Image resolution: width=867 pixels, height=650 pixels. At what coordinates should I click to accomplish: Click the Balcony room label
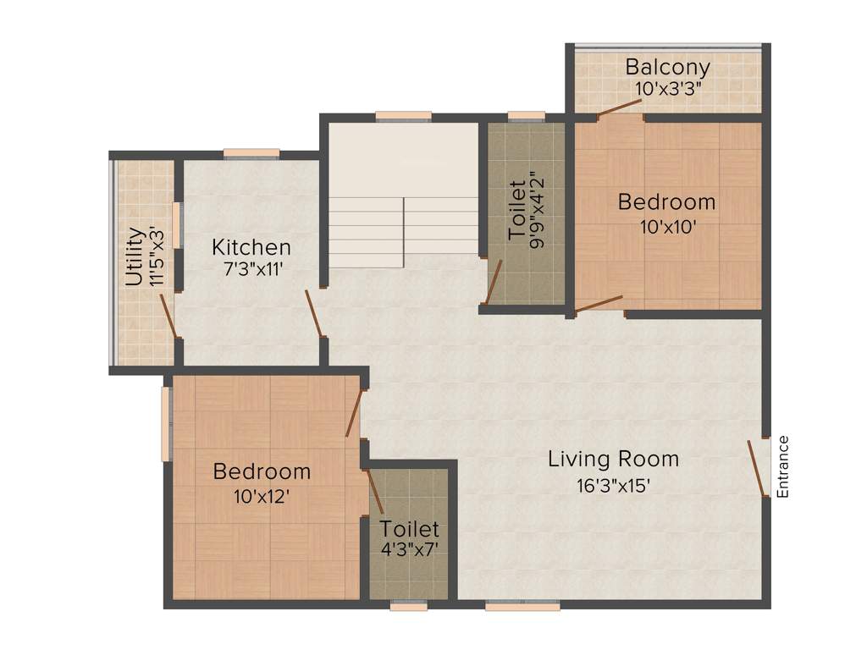pyautogui.click(x=667, y=67)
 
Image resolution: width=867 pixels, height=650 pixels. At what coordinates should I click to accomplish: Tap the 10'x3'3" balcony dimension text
pyautogui.click(x=667, y=86)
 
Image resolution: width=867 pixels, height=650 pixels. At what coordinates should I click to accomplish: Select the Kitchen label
pyautogui.click(x=251, y=248)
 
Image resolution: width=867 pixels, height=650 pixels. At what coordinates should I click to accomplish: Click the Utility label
pyautogui.click(x=134, y=256)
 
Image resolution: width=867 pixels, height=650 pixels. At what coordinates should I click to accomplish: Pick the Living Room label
pyautogui.click(x=613, y=460)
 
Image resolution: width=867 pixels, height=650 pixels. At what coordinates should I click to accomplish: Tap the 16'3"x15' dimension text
pyautogui.click(x=613, y=486)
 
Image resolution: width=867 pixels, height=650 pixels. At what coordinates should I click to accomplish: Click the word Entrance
pyautogui.click(x=783, y=466)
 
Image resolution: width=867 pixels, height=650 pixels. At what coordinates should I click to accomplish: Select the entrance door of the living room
pyautogui.click(x=756, y=467)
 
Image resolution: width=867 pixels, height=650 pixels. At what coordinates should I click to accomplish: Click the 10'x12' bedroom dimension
pyautogui.click(x=262, y=497)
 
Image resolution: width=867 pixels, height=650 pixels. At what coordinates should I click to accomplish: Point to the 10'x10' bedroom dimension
pyautogui.click(x=666, y=226)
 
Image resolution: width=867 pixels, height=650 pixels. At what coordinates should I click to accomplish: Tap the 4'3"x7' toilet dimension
pyautogui.click(x=410, y=548)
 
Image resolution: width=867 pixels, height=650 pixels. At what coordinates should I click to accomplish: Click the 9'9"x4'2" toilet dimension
pyautogui.click(x=535, y=210)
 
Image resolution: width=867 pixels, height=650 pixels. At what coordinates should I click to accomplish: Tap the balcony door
pyautogui.click(x=619, y=107)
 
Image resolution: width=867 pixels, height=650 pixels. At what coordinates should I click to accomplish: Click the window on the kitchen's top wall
pyautogui.click(x=251, y=154)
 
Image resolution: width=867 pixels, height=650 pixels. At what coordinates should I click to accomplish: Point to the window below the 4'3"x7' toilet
pyautogui.click(x=409, y=605)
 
